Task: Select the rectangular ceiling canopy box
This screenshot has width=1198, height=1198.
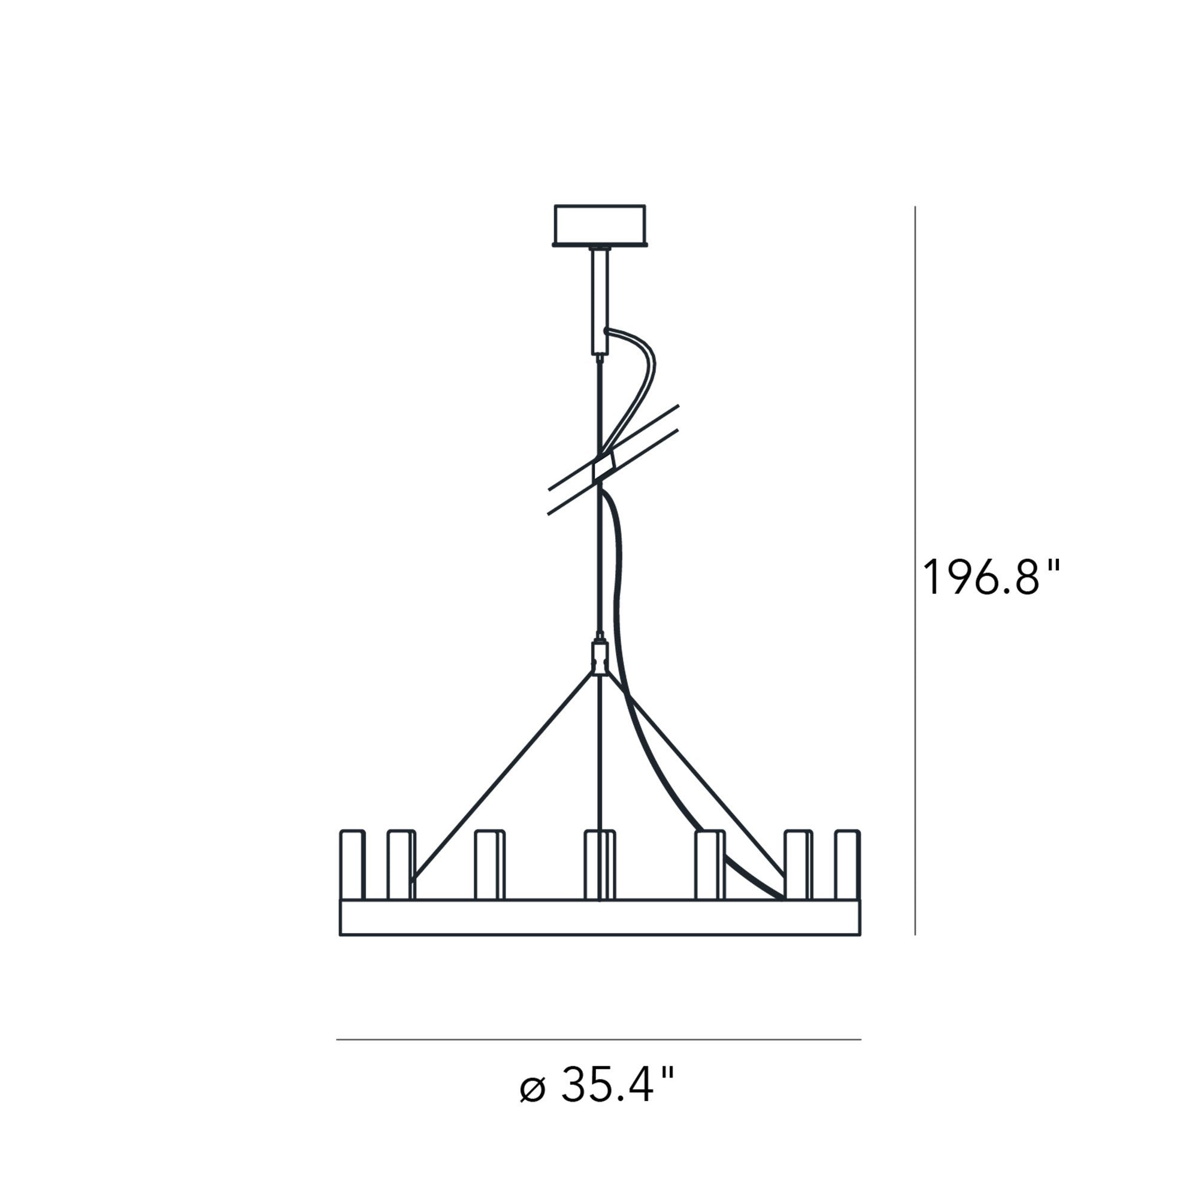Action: click(600, 226)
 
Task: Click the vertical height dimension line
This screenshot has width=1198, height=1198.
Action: click(915, 570)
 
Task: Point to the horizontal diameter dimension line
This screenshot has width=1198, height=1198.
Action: click(598, 1039)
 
